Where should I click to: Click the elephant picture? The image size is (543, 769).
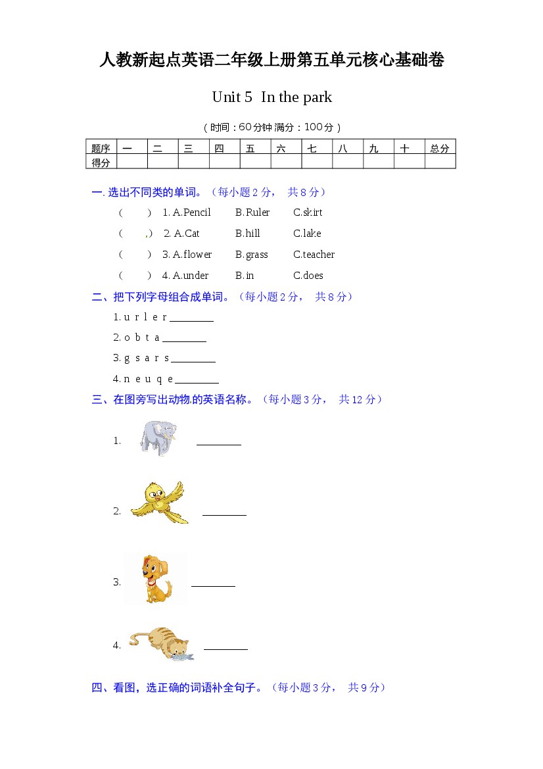tap(158, 437)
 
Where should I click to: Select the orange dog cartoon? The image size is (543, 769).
tap(155, 579)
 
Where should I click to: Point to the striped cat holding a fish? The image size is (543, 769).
tap(161, 643)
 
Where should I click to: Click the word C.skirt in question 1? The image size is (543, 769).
tap(308, 212)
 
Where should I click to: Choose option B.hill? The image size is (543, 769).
tap(248, 234)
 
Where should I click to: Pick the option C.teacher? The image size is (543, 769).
tap(314, 255)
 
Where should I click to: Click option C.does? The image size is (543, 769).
tap(308, 276)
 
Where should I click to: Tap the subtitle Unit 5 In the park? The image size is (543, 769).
tap(271, 97)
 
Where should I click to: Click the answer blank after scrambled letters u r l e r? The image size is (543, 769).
tap(191, 318)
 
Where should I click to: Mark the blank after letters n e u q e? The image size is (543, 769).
tap(197, 380)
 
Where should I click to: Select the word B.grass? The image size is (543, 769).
tap(252, 255)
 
